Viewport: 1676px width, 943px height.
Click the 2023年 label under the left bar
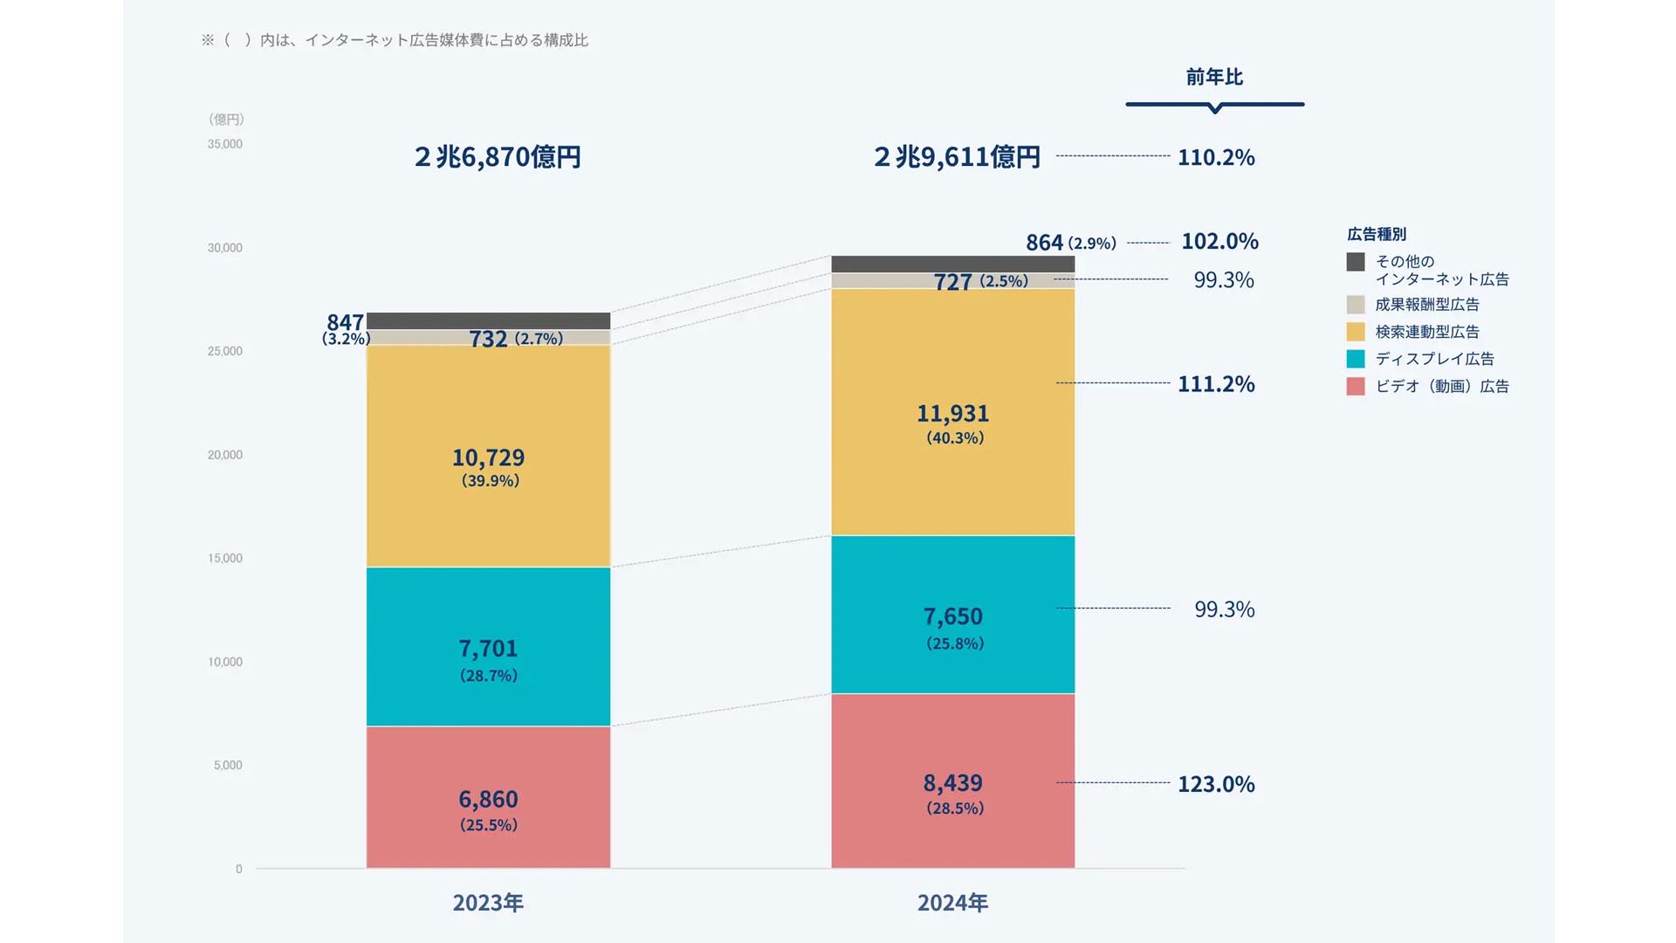coord(488,903)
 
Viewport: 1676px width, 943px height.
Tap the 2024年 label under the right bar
coord(952,903)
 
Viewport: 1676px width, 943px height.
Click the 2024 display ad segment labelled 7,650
coord(952,615)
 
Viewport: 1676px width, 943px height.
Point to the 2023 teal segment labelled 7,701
coord(488,647)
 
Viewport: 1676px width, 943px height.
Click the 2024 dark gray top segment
coord(952,264)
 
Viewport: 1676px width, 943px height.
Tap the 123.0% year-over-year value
coord(1216,784)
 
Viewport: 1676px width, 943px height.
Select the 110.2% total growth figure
coord(1216,157)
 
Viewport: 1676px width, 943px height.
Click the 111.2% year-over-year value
coord(1216,384)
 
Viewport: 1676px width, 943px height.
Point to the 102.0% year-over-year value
coord(1219,241)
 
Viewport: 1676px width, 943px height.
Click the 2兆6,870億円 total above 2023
coord(498,157)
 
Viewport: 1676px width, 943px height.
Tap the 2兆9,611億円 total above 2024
coord(957,157)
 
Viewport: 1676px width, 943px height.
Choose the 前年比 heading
coord(1214,77)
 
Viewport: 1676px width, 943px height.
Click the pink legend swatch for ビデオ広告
coord(1355,386)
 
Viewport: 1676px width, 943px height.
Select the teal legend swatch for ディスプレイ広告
coord(1355,359)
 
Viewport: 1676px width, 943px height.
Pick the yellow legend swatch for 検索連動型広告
coord(1355,332)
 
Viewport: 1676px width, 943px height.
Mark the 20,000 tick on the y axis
coord(225,455)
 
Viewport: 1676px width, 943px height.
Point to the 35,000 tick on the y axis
coord(225,144)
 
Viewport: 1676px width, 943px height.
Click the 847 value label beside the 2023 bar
coord(345,322)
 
